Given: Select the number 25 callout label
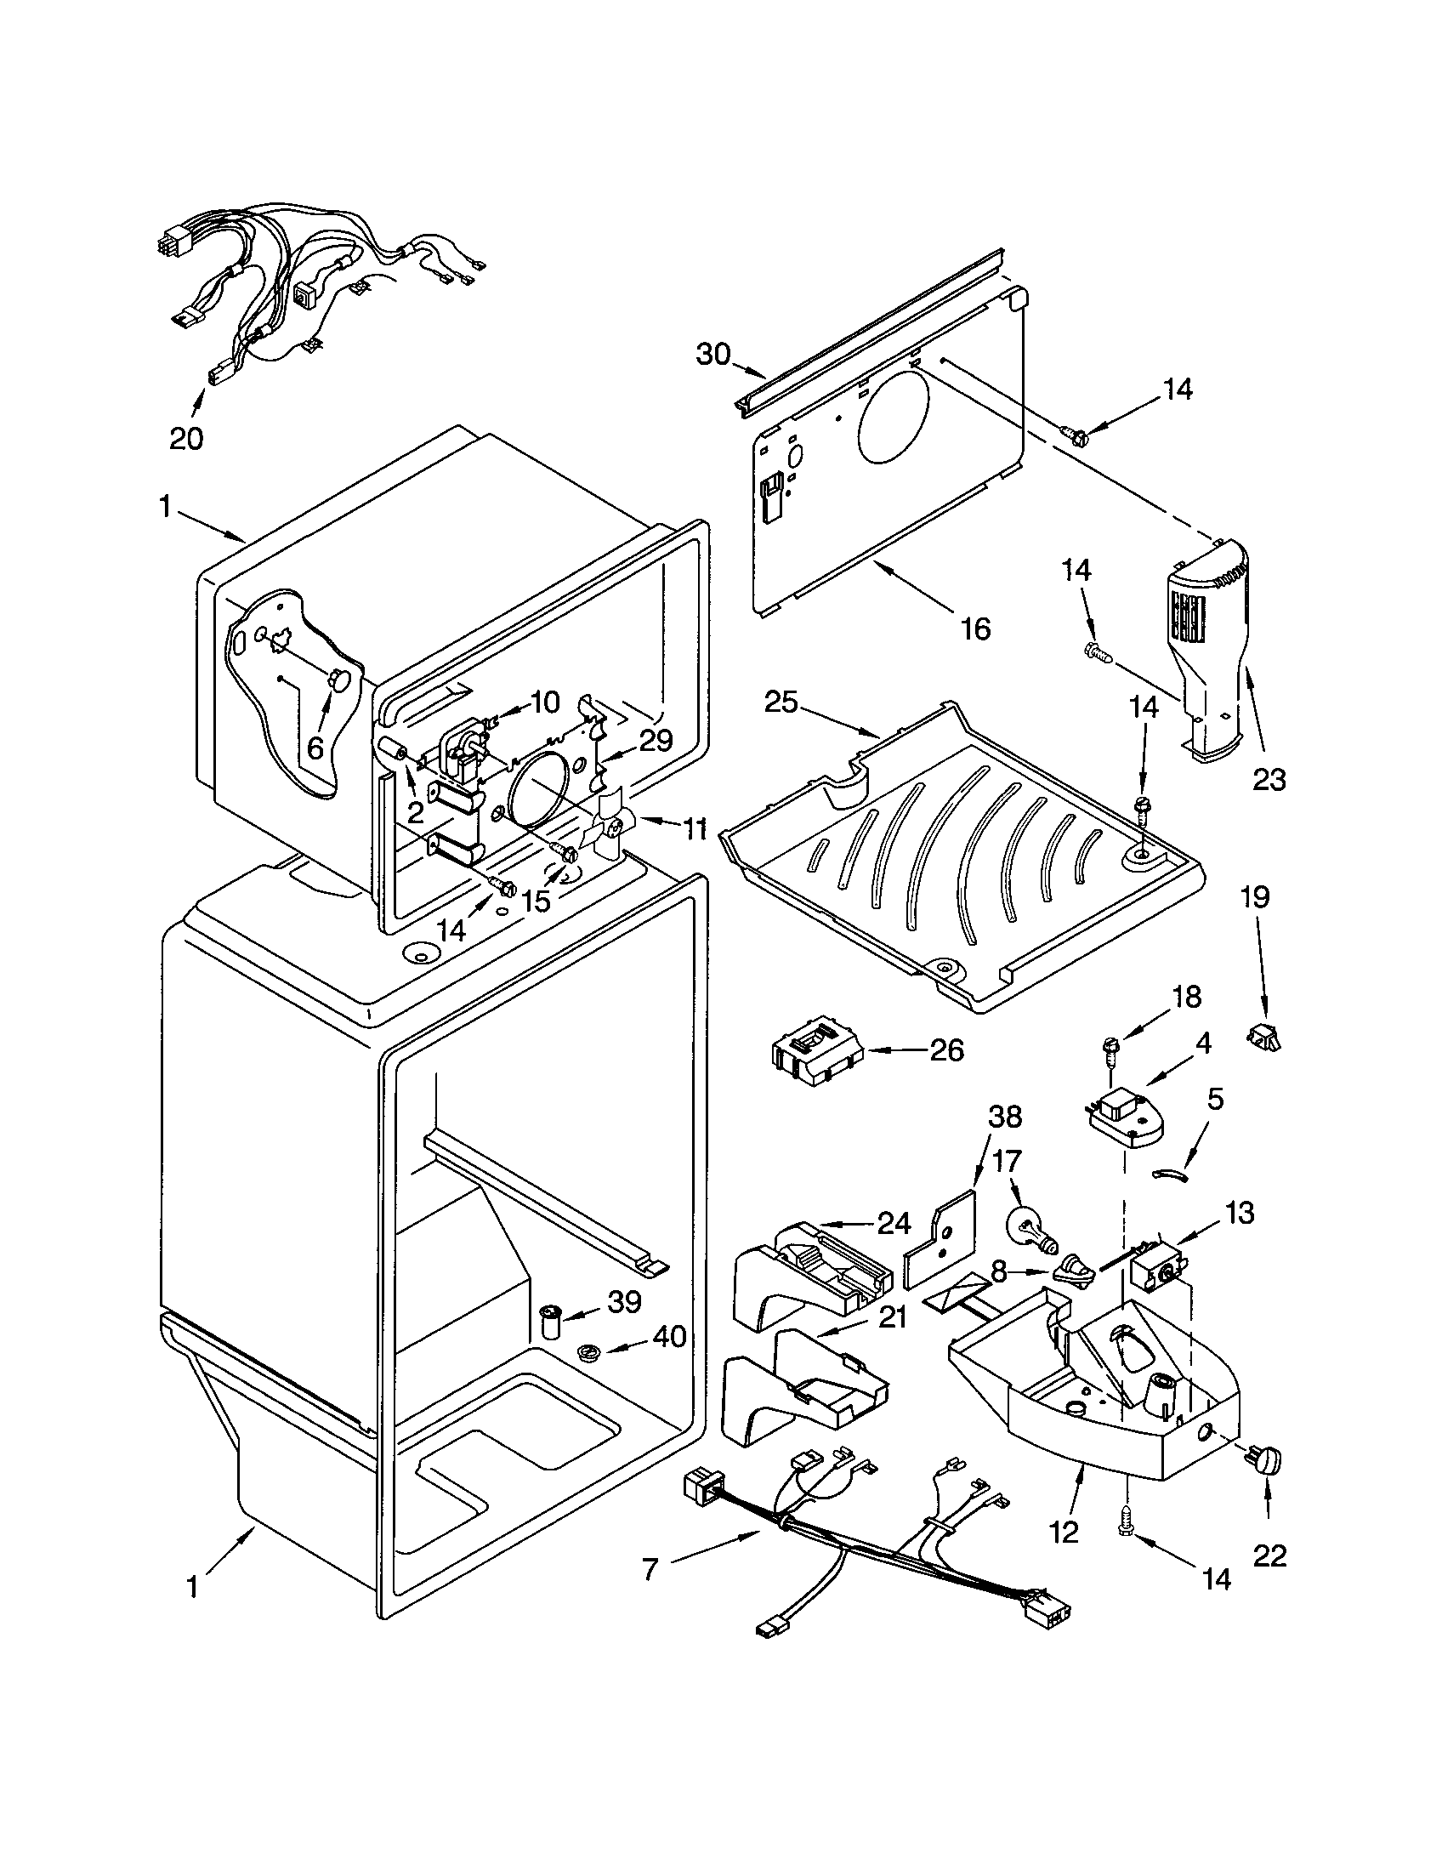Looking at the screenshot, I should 781,702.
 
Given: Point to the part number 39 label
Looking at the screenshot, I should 624,1301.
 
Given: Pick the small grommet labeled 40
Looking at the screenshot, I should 588,1353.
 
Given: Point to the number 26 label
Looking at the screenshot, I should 946,1049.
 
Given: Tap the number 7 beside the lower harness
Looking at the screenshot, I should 650,1569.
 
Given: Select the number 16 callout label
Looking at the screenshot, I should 975,628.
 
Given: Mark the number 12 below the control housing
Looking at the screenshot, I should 1064,1531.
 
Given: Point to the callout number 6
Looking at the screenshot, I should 315,748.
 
